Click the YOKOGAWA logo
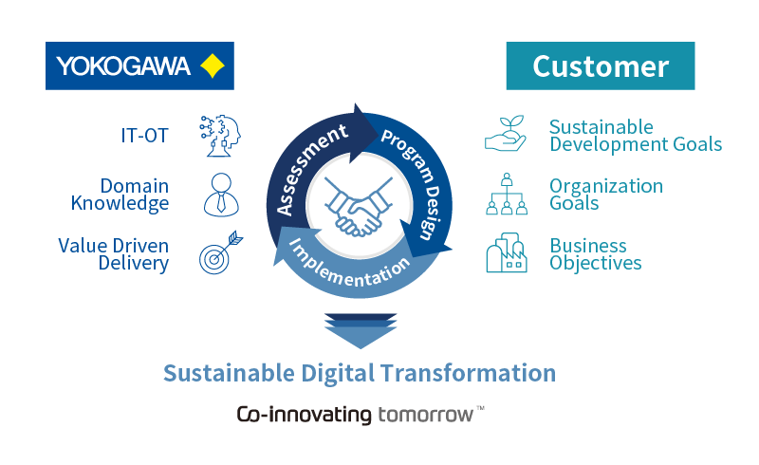point(139,65)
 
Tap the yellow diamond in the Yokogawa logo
point(212,65)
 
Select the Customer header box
point(601,65)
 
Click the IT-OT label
point(144,136)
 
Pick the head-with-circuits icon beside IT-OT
point(219,135)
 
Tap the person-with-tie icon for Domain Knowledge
point(219,195)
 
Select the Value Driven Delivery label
point(114,254)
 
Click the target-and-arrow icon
point(219,255)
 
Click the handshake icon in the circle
point(359,208)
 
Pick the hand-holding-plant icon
point(506,135)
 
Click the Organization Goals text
point(606,195)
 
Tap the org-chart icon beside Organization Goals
point(507,195)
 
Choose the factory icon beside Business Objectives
point(507,254)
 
